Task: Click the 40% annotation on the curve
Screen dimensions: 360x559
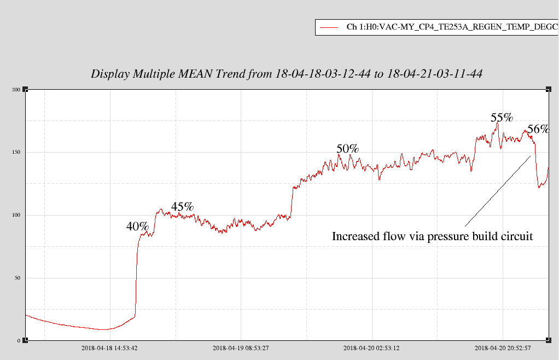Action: (137, 226)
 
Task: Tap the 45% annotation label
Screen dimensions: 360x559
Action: (182, 206)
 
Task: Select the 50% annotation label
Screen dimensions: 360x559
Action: (347, 148)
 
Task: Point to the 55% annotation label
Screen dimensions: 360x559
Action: (502, 118)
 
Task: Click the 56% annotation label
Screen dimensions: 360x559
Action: (538, 129)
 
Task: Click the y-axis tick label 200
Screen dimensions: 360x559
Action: (16, 89)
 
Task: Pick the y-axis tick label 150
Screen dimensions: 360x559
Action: (16, 152)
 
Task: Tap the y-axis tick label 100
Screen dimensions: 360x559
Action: (16, 215)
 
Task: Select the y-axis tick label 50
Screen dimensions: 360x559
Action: (18, 278)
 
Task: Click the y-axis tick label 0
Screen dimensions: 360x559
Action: (19, 341)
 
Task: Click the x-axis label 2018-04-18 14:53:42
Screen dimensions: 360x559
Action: (109, 348)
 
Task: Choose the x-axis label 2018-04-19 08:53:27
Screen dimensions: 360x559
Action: (241, 348)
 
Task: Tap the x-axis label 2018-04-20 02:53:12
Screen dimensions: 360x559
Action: (371, 348)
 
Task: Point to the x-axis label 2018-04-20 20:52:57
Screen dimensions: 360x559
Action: (503, 348)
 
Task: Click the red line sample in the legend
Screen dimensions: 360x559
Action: (329, 27)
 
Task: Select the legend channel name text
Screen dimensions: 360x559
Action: (452, 27)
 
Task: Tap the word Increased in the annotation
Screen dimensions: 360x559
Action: (357, 236)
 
